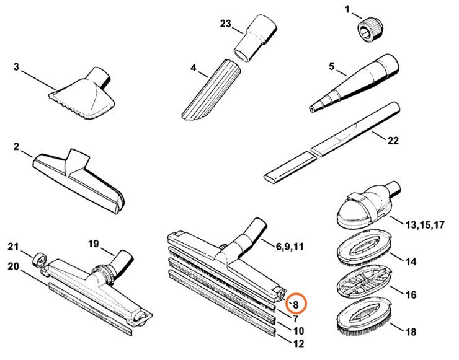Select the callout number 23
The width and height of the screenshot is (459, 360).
225,24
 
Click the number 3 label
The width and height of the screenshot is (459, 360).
16,66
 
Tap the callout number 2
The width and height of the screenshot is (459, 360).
16,147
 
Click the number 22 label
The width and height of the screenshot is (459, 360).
410,141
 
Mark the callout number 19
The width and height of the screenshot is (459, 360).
94,242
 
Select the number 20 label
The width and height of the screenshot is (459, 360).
14,266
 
